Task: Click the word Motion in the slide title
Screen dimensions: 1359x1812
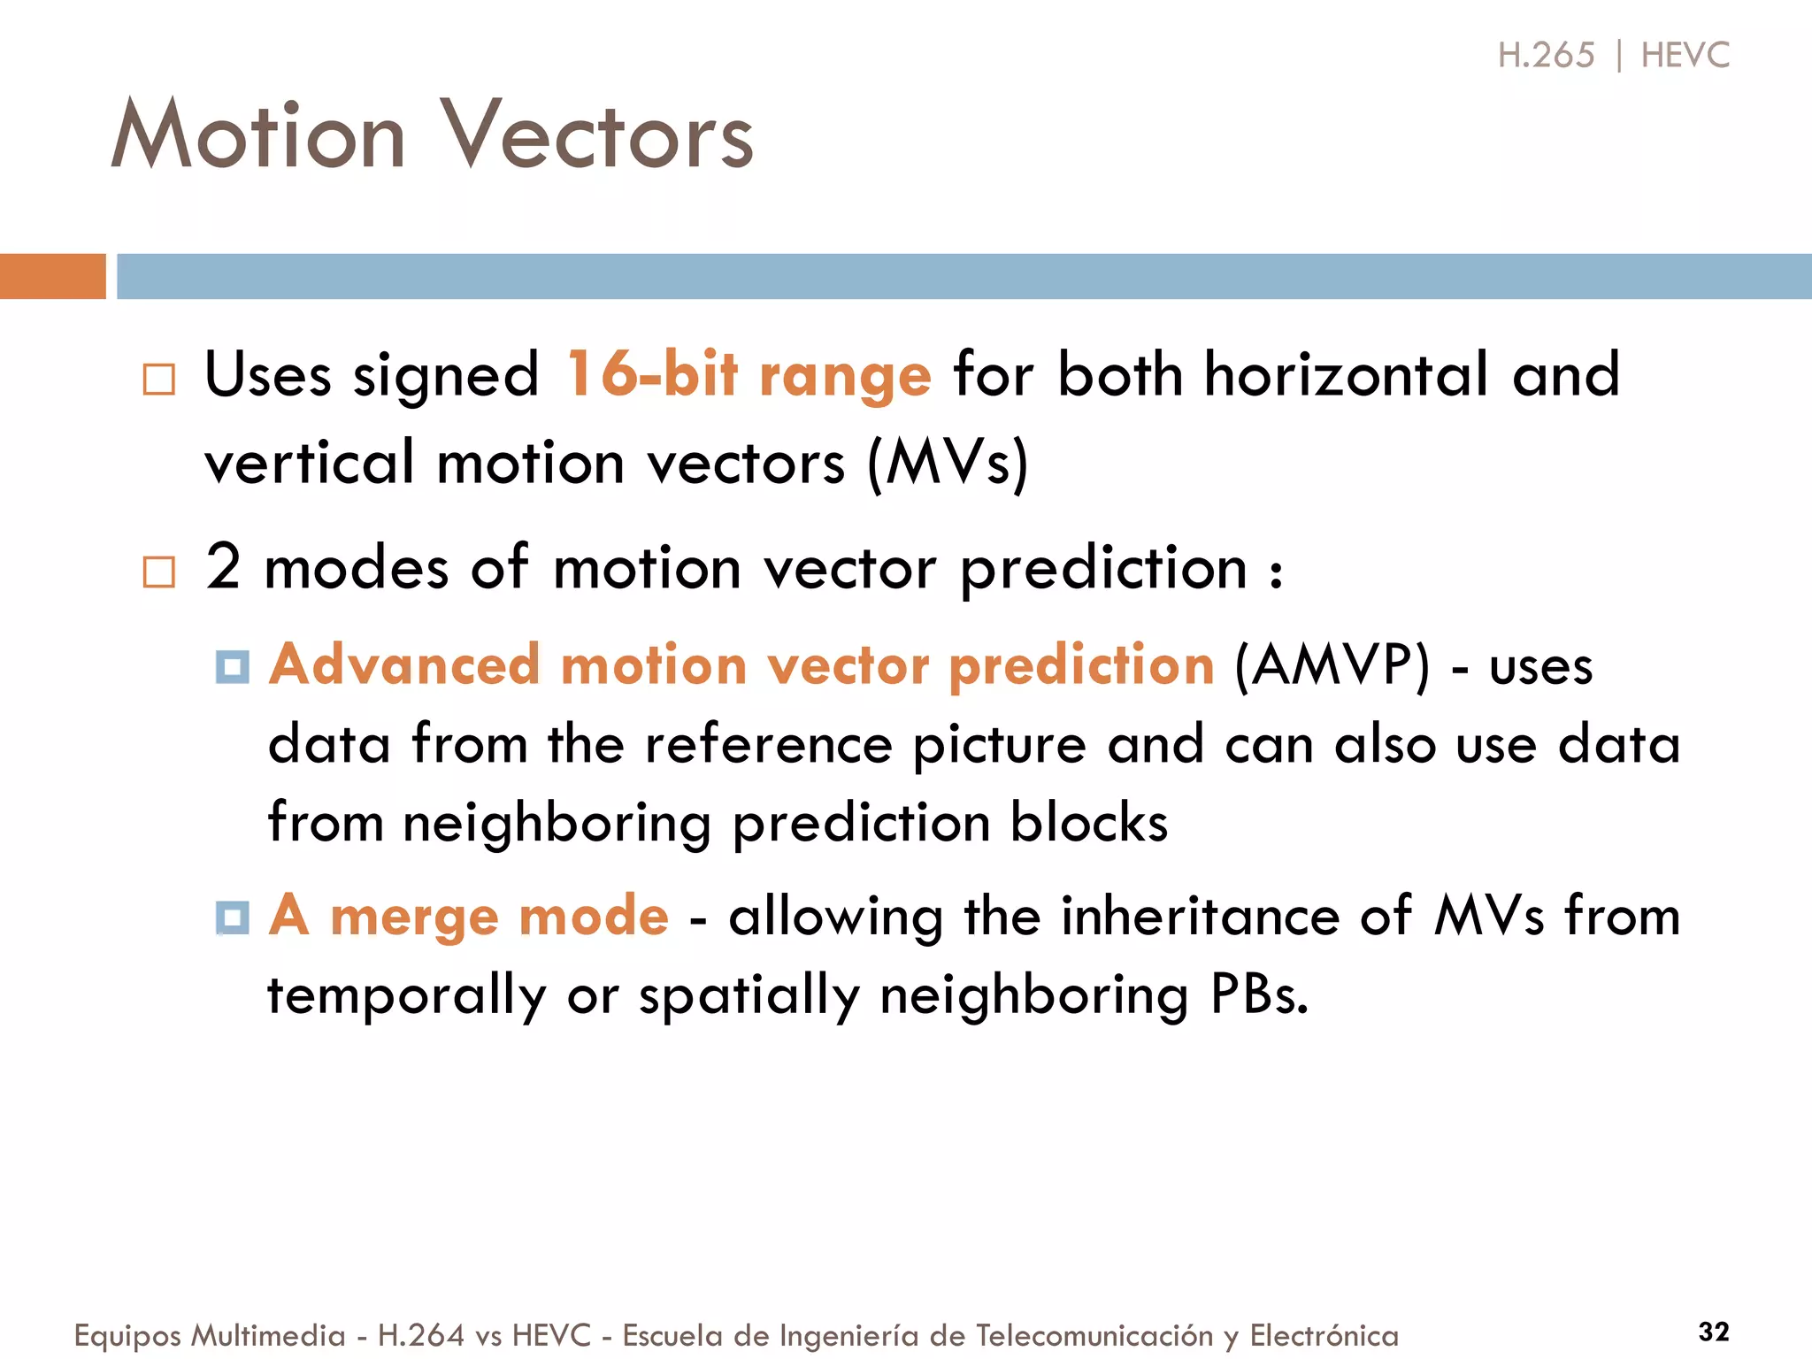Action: coord(258,135)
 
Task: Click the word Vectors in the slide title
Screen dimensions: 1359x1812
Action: coord(597,135)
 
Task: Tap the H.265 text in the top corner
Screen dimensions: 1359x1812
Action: coord(1546,56)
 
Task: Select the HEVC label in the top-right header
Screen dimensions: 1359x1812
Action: coord(1685,56)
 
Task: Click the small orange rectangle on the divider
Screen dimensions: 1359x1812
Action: coord(52,276)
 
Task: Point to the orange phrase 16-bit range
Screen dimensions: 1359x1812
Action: coord(749,374)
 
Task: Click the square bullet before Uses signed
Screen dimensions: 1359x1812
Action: coord(159,380)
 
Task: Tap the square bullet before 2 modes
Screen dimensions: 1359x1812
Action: coord(159,572)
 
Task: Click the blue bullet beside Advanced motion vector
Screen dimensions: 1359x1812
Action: coord(233,666)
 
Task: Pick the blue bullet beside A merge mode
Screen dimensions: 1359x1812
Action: coord(233,918)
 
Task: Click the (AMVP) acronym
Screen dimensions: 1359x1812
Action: coord(1332,665)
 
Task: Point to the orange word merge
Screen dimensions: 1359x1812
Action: coord(413,917)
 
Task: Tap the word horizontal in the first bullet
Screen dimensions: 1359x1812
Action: coord(1347,374)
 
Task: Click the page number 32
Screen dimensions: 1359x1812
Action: coord(1714,1332)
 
